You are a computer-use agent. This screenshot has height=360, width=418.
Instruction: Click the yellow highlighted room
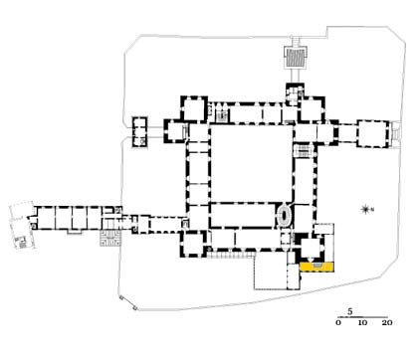pos(316,267)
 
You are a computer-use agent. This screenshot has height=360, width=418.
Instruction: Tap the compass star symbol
pos(365,209)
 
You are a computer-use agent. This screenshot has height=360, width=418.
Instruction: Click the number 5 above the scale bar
pos(350,312)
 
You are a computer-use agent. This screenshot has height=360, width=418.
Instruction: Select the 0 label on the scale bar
pos(338,322)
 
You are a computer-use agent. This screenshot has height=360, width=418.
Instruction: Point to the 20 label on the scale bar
pos(387,322)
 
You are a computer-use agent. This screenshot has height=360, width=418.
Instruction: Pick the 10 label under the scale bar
pos(362,322)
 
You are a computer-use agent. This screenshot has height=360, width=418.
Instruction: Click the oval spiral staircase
pos(285,216)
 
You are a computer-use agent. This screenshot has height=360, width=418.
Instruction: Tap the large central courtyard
pos(252,163)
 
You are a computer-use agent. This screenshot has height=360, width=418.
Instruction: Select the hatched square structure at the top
pos(296,58)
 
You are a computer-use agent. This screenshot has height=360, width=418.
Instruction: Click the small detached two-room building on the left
pos(139,132)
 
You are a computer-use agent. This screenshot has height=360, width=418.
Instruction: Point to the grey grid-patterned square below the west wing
pos(110,239)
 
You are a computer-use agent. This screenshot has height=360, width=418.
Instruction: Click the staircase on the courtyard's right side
pos(304,151)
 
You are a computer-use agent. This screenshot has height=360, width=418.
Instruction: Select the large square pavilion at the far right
pos(372,134)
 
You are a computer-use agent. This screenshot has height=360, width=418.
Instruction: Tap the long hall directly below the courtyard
pos(243,216)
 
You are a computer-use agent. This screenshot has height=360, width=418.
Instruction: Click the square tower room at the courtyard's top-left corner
pos(194,109)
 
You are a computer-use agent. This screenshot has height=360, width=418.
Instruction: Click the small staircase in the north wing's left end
pos(221,114)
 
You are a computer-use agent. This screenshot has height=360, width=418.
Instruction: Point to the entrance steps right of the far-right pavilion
pos(396,134)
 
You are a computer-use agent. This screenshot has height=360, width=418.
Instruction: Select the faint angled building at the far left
pos(22,226)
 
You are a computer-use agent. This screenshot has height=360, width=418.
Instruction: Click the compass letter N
pos(372,209)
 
